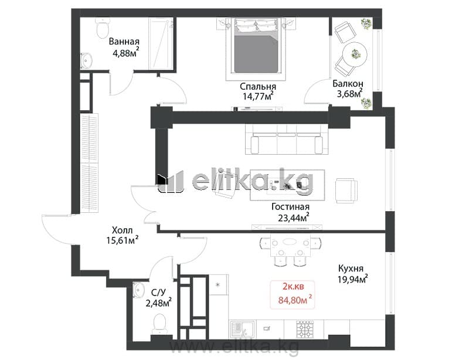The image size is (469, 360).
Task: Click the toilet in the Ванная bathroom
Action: [102, 28]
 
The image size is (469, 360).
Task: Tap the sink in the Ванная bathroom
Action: [86, 61]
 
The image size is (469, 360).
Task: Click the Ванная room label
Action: [124, 41]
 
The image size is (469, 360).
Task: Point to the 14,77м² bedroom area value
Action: [258, 96]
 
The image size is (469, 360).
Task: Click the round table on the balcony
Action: [355, 55]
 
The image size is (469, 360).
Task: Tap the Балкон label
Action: [348, 83]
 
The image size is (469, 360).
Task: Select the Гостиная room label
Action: [290, 207]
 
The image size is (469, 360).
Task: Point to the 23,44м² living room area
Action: [294, 218]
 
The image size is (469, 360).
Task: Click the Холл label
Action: [122, 230]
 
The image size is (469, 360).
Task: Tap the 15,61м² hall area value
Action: [122, 240]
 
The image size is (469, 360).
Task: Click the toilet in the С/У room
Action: [159, 324]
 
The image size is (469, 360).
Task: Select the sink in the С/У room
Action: [138, 290]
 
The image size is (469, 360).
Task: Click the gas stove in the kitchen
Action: [305, 329]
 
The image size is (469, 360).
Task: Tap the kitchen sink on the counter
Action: [242, 329]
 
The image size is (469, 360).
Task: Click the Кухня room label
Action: [351, 268]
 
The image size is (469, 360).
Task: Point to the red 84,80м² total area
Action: [295, 299]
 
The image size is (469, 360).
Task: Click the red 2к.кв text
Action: [293, 287]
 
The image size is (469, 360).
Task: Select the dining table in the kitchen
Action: [290, 245]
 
